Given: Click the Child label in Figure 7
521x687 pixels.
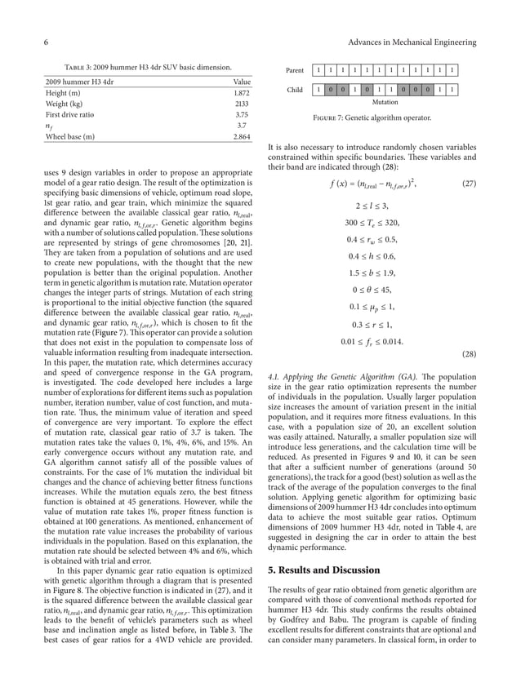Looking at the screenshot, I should (295, 91).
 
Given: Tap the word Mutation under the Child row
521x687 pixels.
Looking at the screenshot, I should (385, 103).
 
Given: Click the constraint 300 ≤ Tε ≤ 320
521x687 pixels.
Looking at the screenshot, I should (372, 222).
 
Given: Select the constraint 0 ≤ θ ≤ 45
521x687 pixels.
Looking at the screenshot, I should (372, 290).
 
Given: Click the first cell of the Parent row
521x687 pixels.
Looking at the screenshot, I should (318, 71).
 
